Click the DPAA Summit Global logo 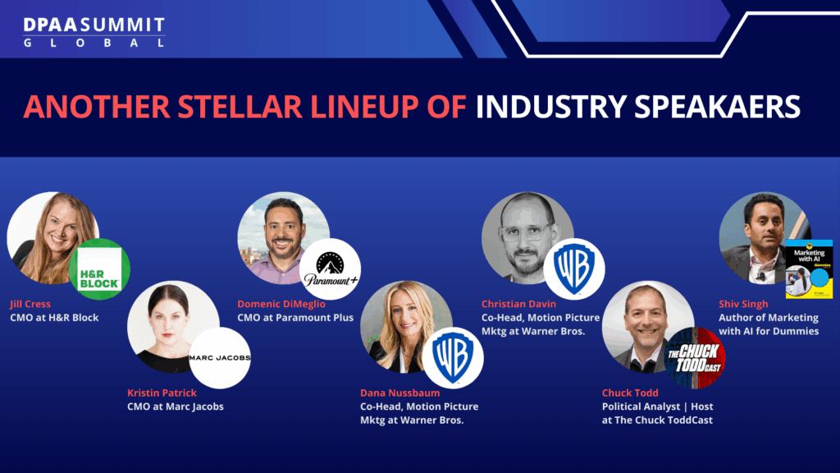coord(94,32)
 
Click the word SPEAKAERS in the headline coord(717,106)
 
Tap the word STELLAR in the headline coord(240,106)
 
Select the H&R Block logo coord(99,269)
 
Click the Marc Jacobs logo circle coord(220,358)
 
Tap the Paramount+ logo coord(330,269)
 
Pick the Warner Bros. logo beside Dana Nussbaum coord(453,358)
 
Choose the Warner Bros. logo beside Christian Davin coord(574,269)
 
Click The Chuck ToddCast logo coord(695,358)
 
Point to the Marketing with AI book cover coord(809,269)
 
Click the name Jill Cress coord(30,304)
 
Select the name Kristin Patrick coord(162,393)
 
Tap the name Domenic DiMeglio coord(281,304)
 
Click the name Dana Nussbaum coord(400,393)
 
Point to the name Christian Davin coord(518,304)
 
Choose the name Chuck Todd coord(630,393)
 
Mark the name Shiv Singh coord(743,304)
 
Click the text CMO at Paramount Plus coord(295,318)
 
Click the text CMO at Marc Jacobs coord(176,406)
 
